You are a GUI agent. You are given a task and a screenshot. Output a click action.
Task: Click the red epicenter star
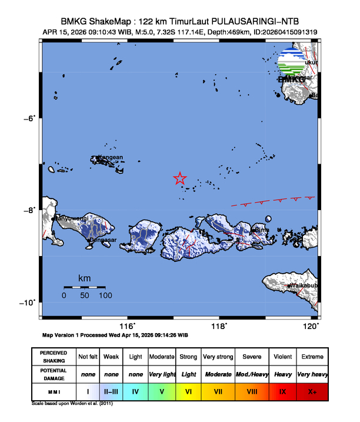180,179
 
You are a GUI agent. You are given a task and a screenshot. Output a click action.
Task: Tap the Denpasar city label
102,240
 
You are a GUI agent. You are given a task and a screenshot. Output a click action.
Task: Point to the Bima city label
262,230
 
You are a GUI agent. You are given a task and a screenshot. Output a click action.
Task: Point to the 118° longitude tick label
219,326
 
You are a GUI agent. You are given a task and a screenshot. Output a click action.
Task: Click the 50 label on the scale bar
85,295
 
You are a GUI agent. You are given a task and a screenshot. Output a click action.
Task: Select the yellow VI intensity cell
188,391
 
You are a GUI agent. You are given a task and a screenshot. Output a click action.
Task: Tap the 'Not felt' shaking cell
88,357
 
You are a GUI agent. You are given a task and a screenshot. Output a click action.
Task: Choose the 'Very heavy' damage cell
311,374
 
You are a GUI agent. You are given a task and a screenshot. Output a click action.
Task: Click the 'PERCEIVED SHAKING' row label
54,357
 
